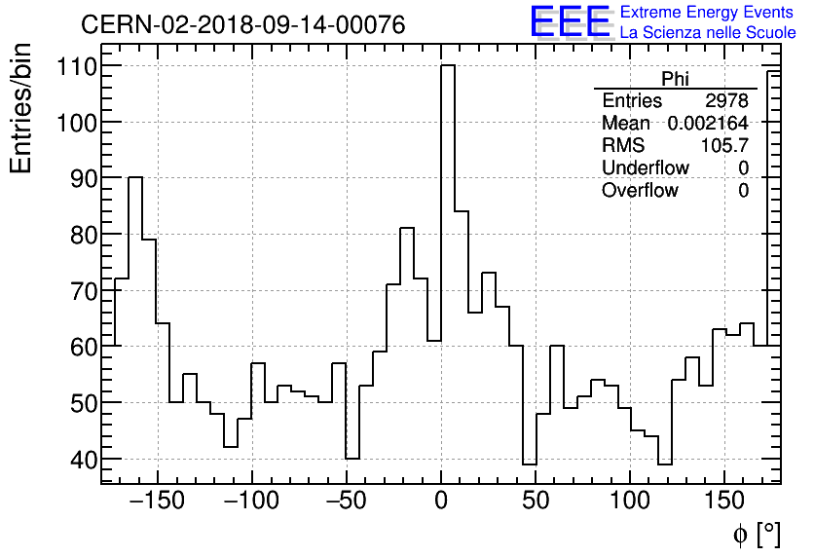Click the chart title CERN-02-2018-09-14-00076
(x=242, y=24)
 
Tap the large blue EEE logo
(x=570, y=22)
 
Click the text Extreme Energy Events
(x=707, y=13)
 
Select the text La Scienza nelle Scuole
(x=708, y=33)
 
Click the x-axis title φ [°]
(x=757, y=534)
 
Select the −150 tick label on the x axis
(x=153, y=502)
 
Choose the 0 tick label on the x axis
(x=441, y=502)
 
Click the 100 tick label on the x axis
(x=630, y=502)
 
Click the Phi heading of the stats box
(x=675, y=79)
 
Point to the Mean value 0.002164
(x=708, y=124)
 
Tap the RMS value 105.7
(x=724, y=146)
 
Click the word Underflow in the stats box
(x=645, y=168)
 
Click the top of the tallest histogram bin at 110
(x=448, y=66)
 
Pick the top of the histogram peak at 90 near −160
(x=135, y=178)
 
